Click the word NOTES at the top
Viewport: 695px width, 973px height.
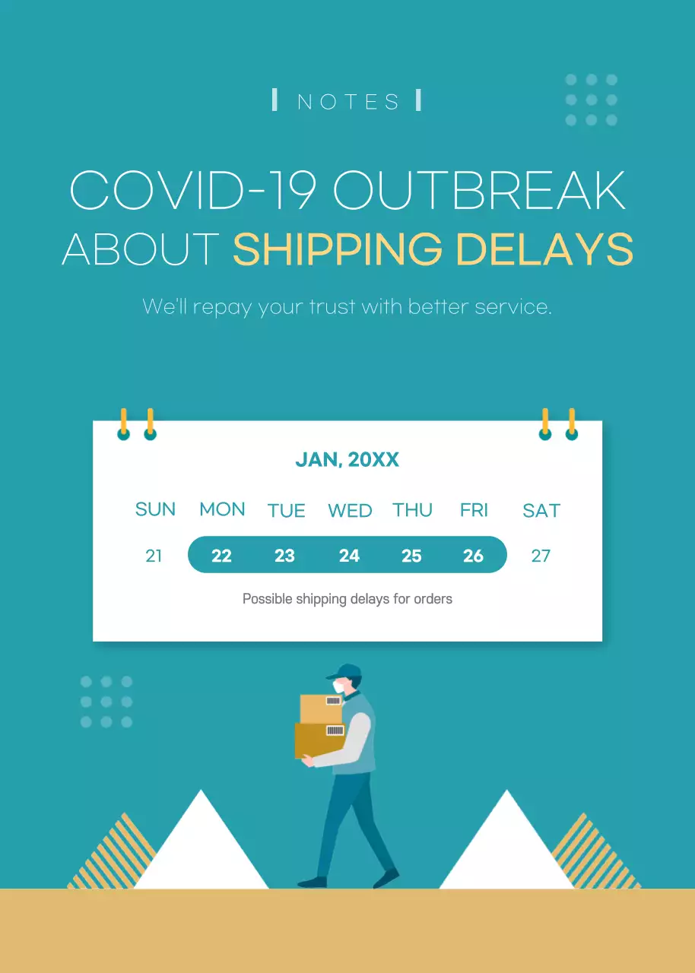348,102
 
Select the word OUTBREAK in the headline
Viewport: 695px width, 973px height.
479,190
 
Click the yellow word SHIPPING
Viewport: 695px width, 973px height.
338,249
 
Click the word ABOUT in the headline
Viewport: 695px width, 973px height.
141,249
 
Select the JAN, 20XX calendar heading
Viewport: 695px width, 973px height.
347,460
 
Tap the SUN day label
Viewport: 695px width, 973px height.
155,509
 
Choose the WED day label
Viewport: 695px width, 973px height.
350,511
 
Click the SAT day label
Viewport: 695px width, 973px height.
541,511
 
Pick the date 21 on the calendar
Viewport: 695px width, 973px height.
154,556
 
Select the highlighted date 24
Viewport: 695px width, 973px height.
349,556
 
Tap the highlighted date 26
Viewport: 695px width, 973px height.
473,556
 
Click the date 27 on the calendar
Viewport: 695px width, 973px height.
541,556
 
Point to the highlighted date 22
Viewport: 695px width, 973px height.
221,556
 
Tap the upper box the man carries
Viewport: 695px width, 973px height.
321,708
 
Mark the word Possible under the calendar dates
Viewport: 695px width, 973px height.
267,599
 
